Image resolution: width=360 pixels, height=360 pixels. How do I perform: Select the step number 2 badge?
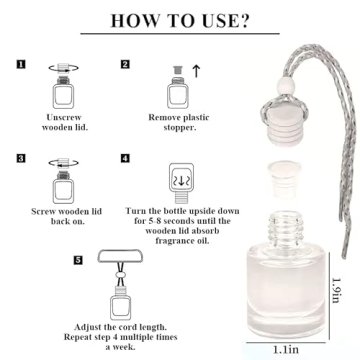tap(125, 65)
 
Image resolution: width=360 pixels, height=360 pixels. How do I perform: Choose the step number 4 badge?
tap(125, 158)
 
